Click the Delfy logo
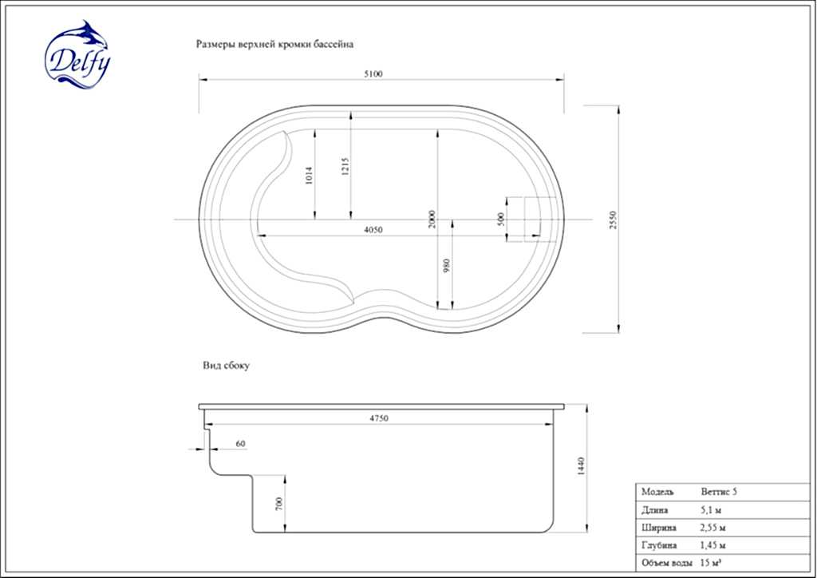tap(77, 55)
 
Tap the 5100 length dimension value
tap(373, 74)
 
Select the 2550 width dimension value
tap(613, 220)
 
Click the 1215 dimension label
tap(345, 167)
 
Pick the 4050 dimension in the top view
tap(373, 230)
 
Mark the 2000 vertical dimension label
tap(432, 219)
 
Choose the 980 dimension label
tap(446, 266)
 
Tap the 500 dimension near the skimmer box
tap(502, 219)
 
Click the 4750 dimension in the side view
tap(379, 418)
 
